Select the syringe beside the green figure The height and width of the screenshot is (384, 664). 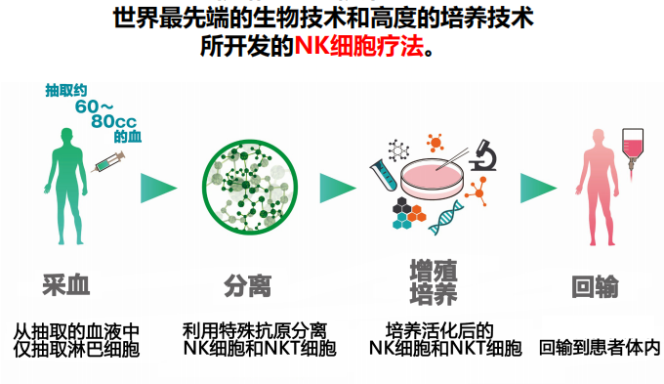(x=106, y=163)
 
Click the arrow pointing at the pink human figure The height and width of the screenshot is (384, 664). (x=536, y=188)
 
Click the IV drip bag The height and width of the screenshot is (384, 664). (x=638, y=144)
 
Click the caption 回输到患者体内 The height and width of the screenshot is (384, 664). (x=599, y=347)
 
